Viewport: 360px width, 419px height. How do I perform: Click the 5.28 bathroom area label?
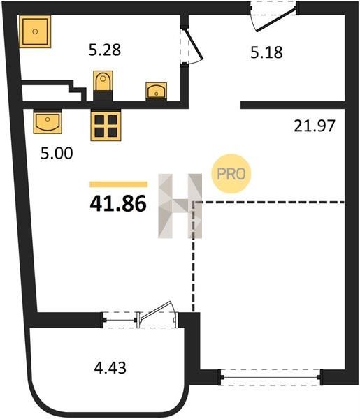coord(105,50)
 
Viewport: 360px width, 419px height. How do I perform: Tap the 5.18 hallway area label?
coord(266,52)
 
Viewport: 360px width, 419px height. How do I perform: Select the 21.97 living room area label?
coord(315,126)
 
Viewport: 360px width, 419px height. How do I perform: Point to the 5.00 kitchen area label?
coord(57,154)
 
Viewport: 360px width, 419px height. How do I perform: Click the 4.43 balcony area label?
coord(110,367)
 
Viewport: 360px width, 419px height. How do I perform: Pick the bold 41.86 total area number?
coord(118,204)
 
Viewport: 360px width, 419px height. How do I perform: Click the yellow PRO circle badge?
coord(231,174)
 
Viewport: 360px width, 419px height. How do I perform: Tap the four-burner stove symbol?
coord(106,126)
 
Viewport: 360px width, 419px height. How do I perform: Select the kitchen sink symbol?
coord(48,122)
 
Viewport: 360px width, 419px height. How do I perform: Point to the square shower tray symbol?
coord(35,31)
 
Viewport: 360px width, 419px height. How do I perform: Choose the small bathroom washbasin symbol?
coord(156,91)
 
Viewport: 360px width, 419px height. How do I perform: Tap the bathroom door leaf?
coord(194,44)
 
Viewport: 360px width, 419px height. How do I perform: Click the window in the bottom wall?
coord(271,377)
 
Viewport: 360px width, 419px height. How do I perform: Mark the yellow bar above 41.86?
coord(118,184)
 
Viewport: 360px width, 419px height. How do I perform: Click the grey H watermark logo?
coord(180,206)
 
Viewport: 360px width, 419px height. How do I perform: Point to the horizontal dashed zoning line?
coord(268,203)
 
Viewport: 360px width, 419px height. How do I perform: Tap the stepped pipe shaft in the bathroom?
coord(54,91)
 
